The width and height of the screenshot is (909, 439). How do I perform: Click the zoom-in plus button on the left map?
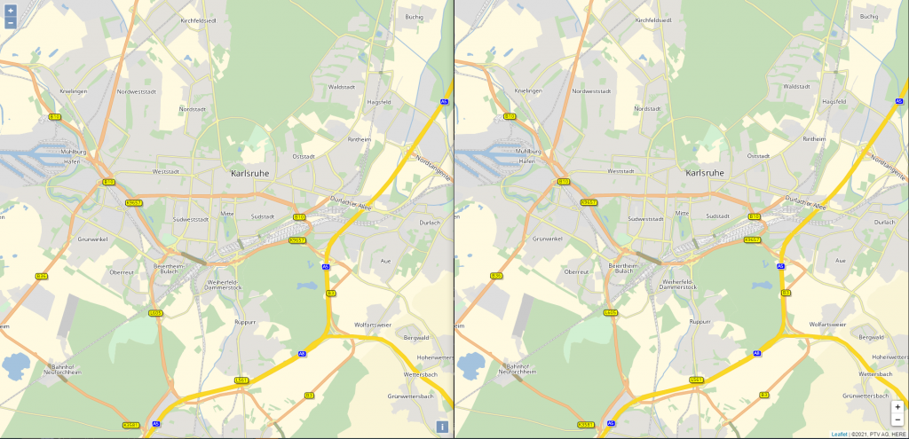[x=10, y=10]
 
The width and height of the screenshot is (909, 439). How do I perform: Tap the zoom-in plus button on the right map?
[x=897, y=406]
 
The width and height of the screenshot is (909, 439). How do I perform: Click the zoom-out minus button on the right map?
[x=897, y=419]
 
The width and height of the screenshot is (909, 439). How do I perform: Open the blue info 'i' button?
[x=442, y=427]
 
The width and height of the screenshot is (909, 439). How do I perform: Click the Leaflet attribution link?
[x=839, y=435]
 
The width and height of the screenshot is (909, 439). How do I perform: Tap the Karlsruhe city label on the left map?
[x=249, y=173]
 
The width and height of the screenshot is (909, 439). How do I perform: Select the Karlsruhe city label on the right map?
[x=705, y=173]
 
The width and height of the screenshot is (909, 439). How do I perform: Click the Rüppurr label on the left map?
[x=245, y=322]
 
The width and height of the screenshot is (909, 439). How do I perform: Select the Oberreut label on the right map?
[x=578, y=272]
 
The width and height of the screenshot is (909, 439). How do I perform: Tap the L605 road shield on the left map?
[x=155, y=312]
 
